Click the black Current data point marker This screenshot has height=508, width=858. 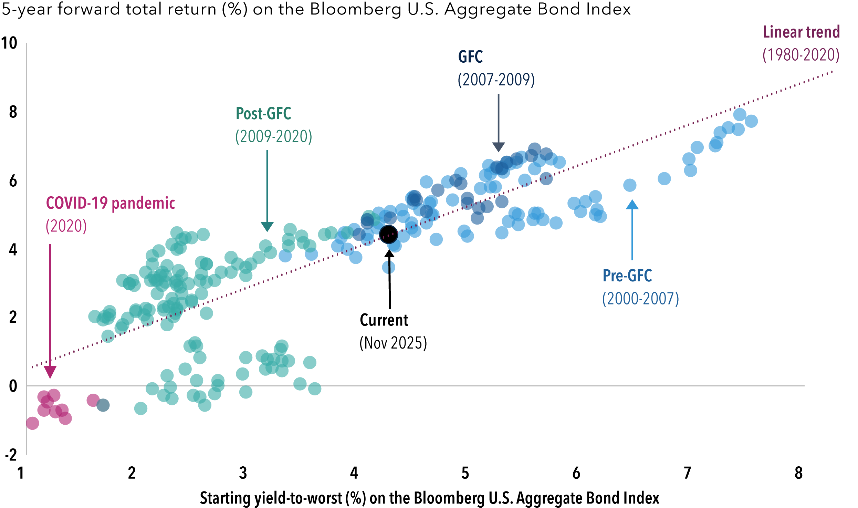[x=388, y=234]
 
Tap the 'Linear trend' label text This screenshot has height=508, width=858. [x=801, y=32]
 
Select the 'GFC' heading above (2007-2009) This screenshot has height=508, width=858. [x=470, y=57]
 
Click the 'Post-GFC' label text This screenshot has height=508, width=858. [x=263, y=114]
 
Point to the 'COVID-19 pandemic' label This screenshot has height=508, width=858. [x=111, y=203]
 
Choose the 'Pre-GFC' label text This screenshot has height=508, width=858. [x=627, y=276]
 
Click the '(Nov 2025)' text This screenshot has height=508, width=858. [x=393, y=343]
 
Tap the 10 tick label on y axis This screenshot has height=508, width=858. [x=9, y=43]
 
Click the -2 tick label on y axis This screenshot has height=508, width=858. [x=11, y=455]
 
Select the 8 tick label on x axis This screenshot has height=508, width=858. [x=798, y=473]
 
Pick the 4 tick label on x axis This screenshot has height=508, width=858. [x=354, y=473]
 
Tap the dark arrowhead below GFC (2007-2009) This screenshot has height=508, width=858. [x=498, y=147]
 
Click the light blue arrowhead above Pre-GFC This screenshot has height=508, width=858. [x=632, y=205]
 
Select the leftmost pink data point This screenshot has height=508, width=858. [x=32, y=423]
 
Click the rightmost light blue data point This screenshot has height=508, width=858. [x=751, y=121]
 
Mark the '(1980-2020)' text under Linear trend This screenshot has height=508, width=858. [x=801, y=55]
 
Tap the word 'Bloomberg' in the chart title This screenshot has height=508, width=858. [x=356, y=9]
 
